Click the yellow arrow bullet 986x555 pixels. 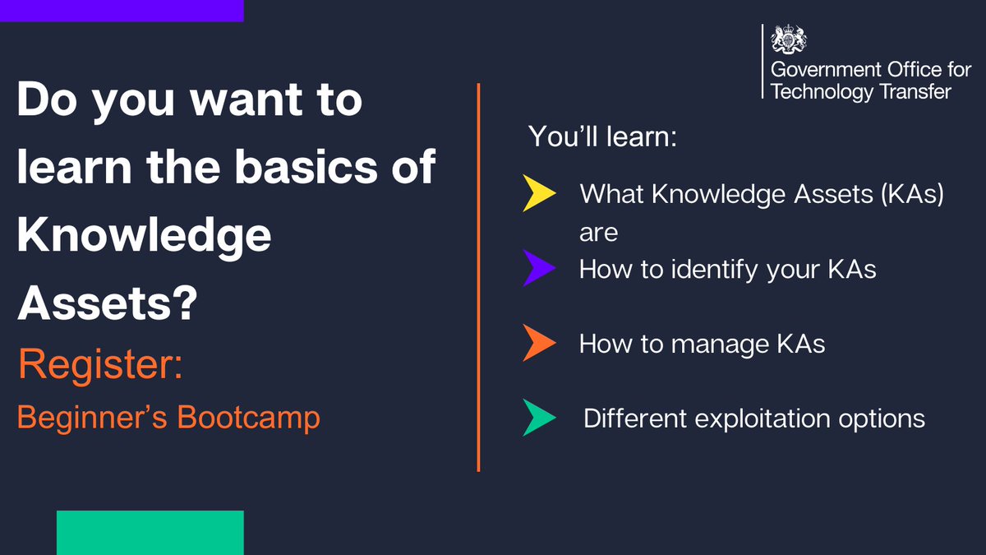[x=538, y=195]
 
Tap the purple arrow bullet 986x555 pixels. [x=538, y=269]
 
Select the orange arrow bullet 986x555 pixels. [x=538, y=343]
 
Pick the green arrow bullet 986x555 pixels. [x=538, y=418]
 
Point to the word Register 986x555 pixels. [x=100, y=365]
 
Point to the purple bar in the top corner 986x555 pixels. [x=122, y=10]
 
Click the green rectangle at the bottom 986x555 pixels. [x=150, y=532]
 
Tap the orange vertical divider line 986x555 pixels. [x=478, y=277]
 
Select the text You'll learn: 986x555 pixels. [x=602, y=136]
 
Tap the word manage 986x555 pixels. [x=710, y=343]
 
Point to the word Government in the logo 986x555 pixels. [x=827, y=70]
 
